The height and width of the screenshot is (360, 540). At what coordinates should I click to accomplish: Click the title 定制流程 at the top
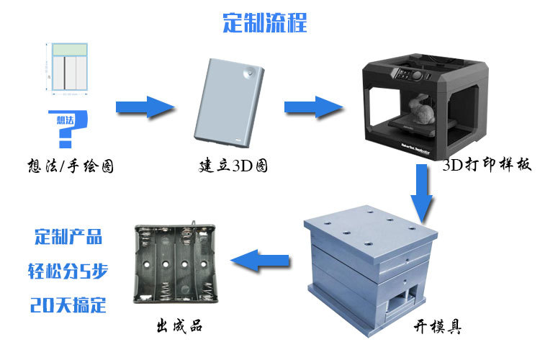coord(264,22)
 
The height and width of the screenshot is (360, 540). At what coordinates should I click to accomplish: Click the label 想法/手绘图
coord(69,167)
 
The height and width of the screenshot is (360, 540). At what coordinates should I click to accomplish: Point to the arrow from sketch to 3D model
coord(145,107)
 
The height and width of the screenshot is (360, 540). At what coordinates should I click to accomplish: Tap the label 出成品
coord(179,325)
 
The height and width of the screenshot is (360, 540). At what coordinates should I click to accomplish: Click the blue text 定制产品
coord(68,237)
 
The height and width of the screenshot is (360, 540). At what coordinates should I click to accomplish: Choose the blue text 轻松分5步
coord(68,271)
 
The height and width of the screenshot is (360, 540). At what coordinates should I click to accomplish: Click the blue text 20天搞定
coord(68,305)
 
